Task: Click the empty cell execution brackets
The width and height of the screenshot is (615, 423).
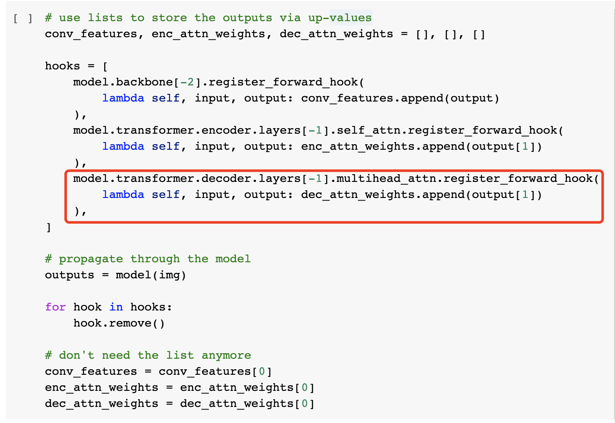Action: pos(23,19)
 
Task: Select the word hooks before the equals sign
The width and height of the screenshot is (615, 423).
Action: pos(62,66)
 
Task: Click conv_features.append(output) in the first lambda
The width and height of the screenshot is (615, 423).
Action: pos(400,98)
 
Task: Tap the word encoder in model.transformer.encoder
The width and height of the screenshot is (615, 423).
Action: pos(222,130)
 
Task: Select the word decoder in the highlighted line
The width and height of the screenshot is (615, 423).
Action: pos(222,179)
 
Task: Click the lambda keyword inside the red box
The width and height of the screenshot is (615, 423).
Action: pos(123,195)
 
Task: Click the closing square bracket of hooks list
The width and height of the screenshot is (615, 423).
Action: pos(48,227)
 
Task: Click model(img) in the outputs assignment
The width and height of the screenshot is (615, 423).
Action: pos(151,275)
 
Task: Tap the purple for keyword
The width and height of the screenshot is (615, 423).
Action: pos(55,307)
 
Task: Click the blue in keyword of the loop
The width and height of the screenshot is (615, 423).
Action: pos(116,307)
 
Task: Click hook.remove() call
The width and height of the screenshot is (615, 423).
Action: pos(119,323)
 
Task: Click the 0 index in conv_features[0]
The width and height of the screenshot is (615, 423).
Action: pos(262,371)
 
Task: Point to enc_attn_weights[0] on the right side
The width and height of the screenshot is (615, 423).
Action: pos(247,387)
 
